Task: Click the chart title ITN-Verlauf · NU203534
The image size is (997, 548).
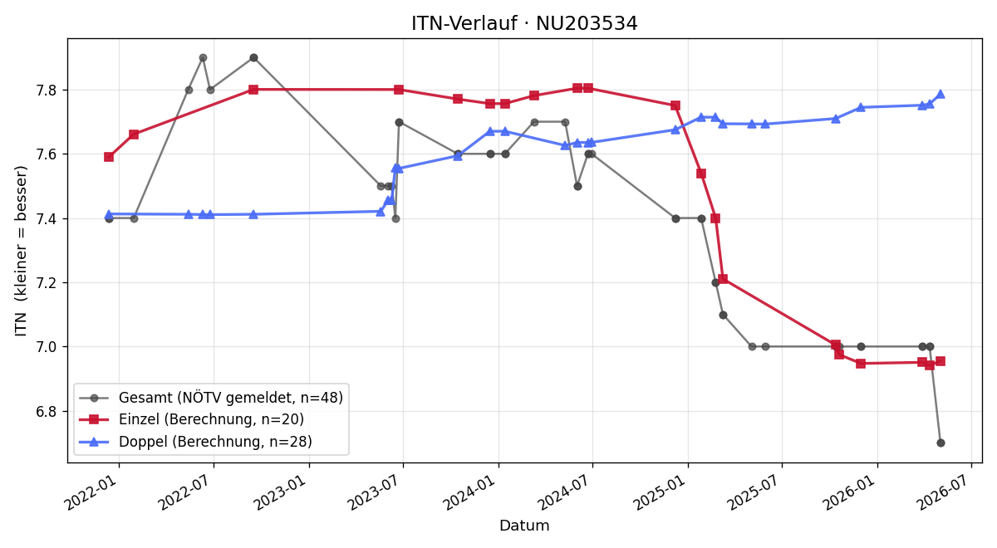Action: (x=524, y=23)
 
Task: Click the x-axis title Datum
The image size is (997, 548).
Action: (x=524, y=526)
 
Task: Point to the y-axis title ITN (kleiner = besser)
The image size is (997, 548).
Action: (x=21, y=251)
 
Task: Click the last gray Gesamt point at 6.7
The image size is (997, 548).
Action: (x=941, y=443)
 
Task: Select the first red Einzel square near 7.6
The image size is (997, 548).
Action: (x=109, y=157)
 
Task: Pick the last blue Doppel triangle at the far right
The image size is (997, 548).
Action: (x=941, y=95)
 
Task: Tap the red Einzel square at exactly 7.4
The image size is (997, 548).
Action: (x=715, y=218)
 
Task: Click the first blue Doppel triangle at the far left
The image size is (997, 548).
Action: (x=109, y=215)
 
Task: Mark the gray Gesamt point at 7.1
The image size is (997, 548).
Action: (x=724, y=315)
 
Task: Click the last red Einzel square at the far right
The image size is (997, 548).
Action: (x=941, y=361)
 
